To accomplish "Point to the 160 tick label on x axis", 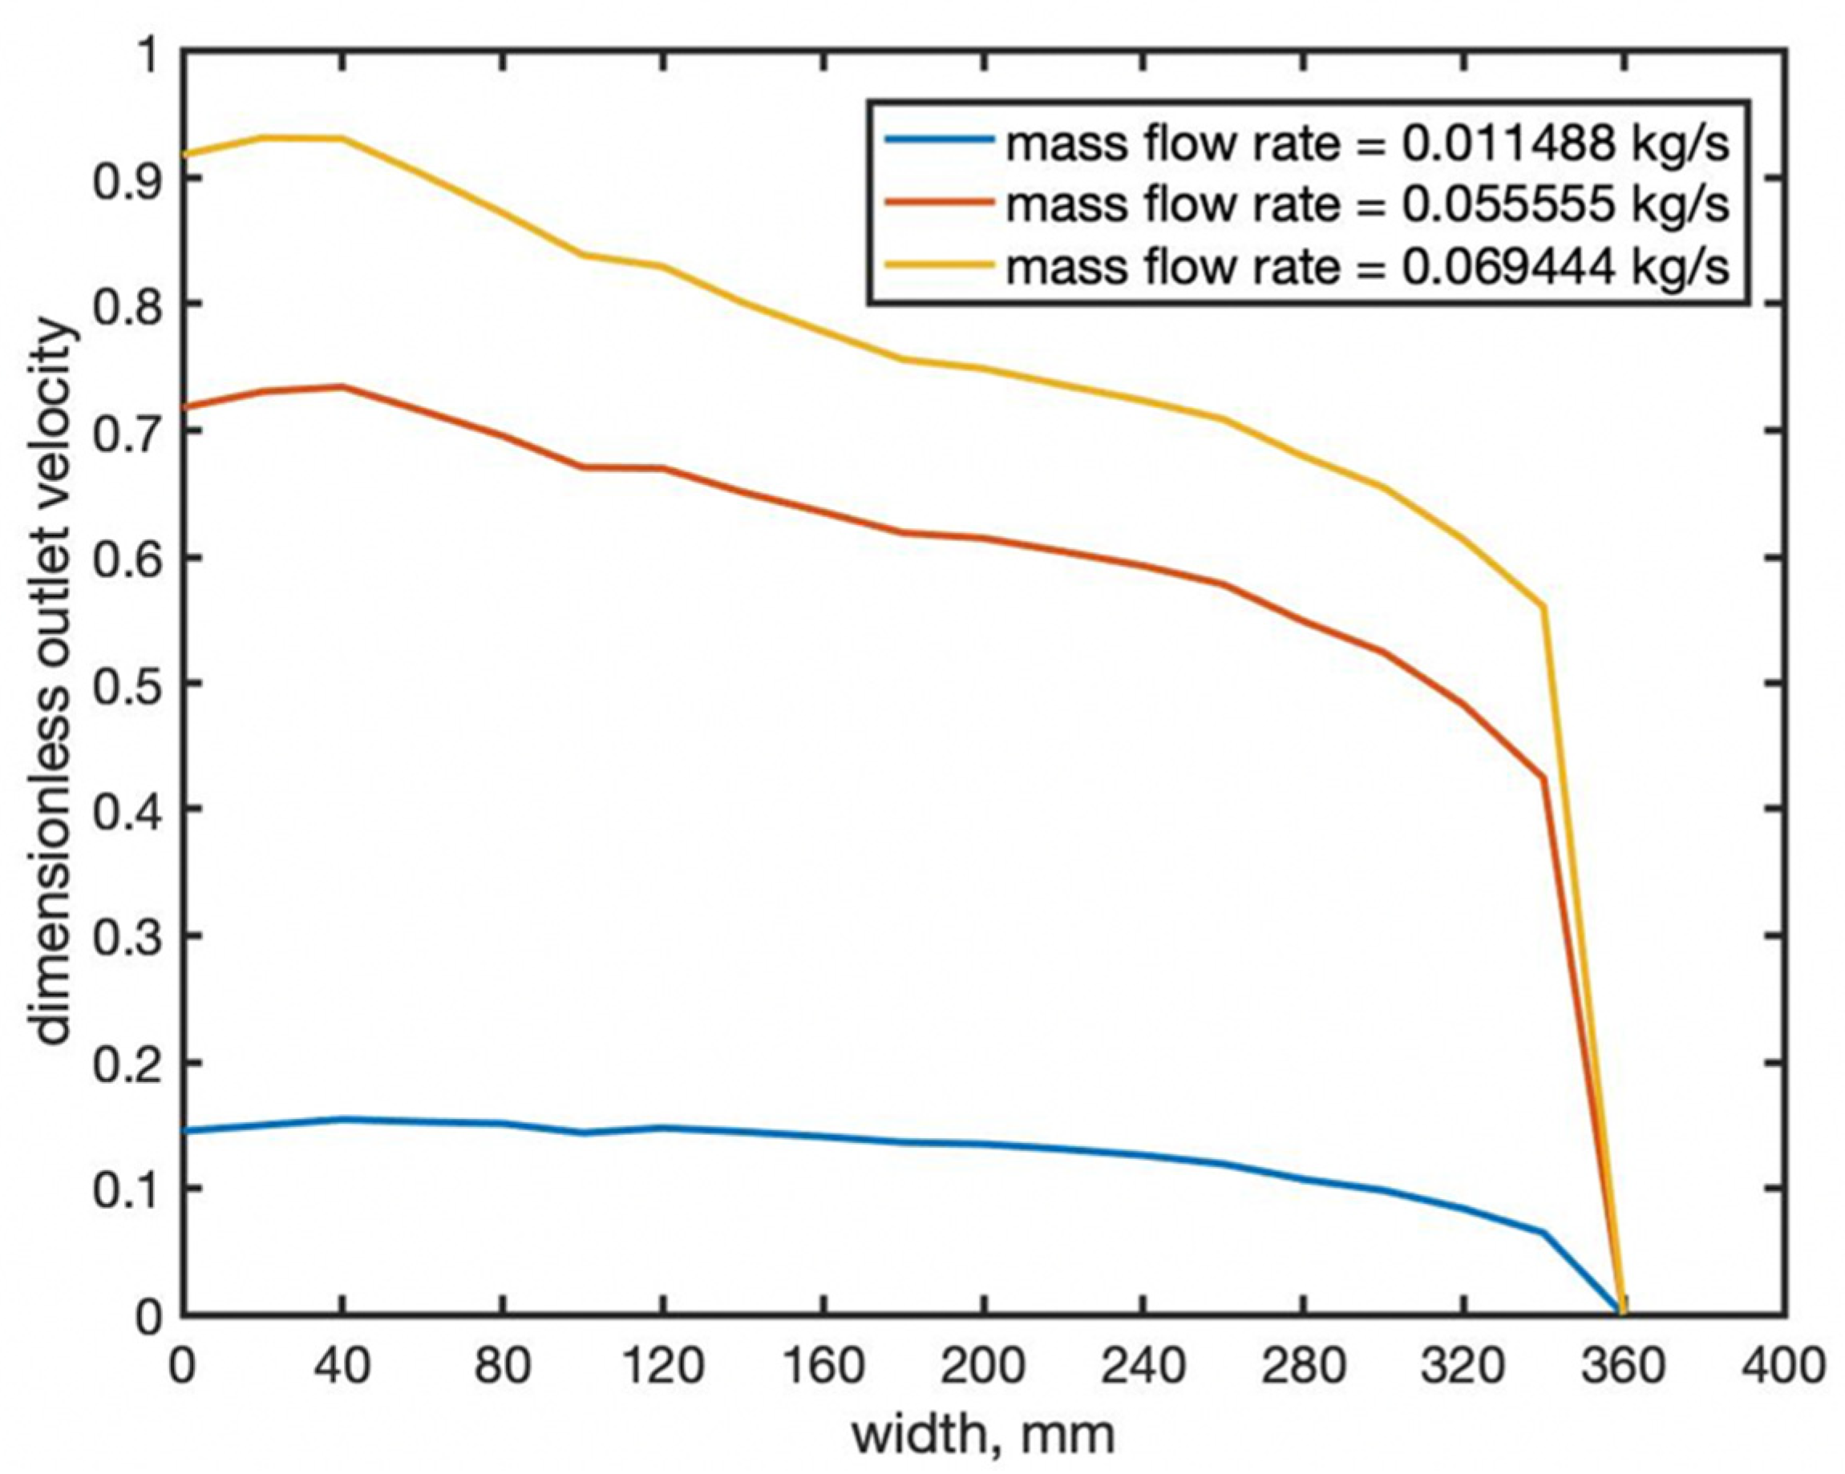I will click(823, 1367).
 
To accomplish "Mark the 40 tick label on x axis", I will click(342, 1367).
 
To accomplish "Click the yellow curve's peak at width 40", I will click(342, 139).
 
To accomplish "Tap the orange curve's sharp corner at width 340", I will click(1543, 777).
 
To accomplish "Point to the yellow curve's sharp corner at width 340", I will click(1543, 608).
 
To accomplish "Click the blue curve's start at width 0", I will click(184, 1131).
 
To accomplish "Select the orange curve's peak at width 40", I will click(342, 386).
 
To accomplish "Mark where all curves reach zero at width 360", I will click(1620, 1313).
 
